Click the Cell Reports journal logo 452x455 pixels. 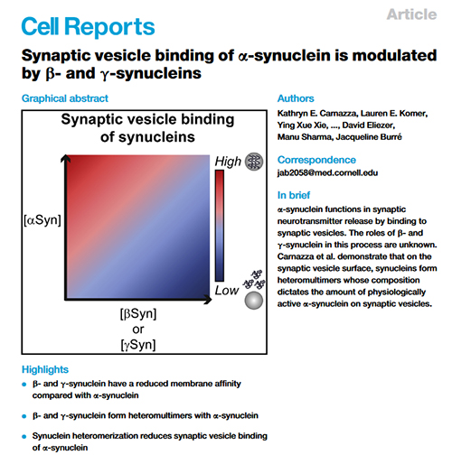(x=88, y=26)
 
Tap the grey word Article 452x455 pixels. (x=411, y=14)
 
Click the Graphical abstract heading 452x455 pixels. (x=65, y=98)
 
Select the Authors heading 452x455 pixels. (x=296, y=98)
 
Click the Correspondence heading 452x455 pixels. (x=316, y=160)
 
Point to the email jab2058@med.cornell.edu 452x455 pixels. (x=327, y=172)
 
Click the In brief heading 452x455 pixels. (x=294, y=195)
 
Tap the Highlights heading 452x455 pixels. (x=45, y=369)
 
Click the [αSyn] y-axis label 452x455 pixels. (x=42, y=220)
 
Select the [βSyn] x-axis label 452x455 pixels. (x=138, y=314)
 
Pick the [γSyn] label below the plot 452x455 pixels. (x=138, y=345)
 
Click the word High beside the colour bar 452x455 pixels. (x=228, y=162)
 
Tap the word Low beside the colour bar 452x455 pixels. (x=227, y=291)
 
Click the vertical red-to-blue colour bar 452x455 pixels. (x=220, y=226)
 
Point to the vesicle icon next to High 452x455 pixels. (x=254, y=162)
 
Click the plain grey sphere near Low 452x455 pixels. (x=254, y=301)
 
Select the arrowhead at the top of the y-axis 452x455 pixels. (x=65, y=158)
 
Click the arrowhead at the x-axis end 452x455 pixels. (x=208, y=300)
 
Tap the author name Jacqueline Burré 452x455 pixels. (x=369, y=137)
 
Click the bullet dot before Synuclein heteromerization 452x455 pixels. (x=24, y=437)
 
